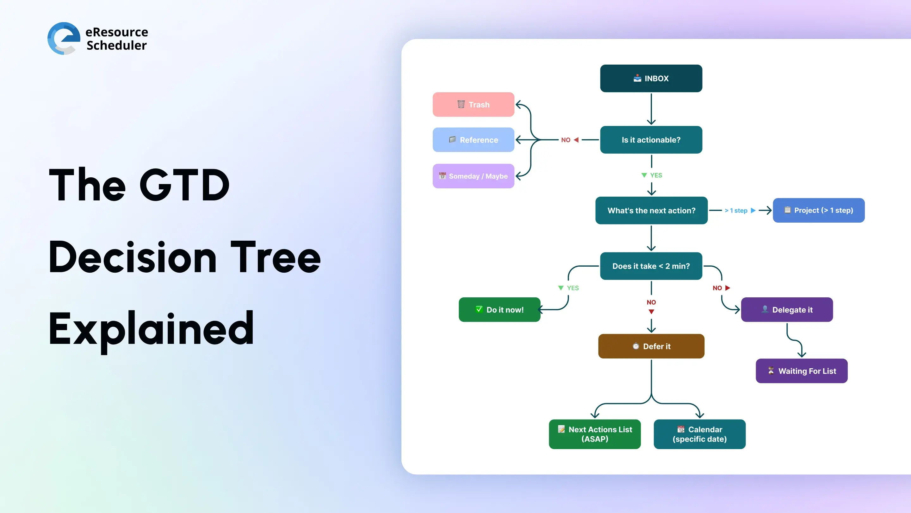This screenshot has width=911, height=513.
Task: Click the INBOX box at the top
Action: click(651, 78)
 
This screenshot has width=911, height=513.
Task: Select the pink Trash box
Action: click(473, 104)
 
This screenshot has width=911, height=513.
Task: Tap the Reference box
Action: click(473, 140)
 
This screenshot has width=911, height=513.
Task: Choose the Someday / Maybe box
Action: click(473, 176)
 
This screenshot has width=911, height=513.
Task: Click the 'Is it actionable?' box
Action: click(651, 140)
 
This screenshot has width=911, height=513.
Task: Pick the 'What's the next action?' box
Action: click(651, 210)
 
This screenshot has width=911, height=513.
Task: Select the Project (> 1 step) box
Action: click(819, 210)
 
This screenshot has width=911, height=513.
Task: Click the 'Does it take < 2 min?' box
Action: click(651, 266)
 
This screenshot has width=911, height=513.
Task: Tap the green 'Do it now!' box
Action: click(499, 310)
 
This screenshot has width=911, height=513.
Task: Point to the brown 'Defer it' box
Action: click(651, 346)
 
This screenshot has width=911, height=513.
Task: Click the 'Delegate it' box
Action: click(787, 310)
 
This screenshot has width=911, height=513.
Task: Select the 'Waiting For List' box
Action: click(802, 371)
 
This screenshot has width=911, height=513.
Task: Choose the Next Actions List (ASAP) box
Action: click(595, 434)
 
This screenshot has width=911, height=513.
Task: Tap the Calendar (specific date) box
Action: click(699, 434)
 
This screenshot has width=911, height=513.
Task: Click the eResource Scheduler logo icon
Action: click(64, 38)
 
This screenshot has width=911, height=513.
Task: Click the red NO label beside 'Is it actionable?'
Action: click(566, 140)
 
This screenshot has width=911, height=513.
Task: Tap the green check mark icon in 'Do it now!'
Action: click(479, 309)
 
